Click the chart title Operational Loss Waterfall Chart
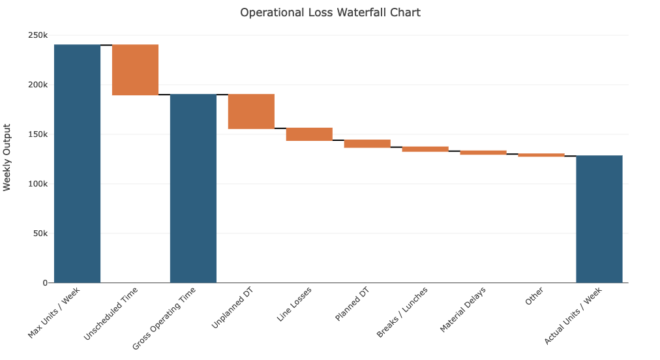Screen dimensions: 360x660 (x=330, y=12)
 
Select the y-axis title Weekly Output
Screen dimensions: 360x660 (x=7, y=157)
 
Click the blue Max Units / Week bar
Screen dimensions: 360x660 (x=77, y=164)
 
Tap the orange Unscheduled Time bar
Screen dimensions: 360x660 (x=135, y=70)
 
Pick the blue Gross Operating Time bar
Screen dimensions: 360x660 (x=193, y=188)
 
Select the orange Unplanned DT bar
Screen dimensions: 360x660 (x=251, y=112)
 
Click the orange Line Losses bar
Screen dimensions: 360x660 (x=309, y=134)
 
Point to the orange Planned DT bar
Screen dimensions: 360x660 (x=367, y=143)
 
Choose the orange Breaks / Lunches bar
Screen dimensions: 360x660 (x=425, y=149)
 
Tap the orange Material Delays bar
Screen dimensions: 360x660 (x=483, y=153)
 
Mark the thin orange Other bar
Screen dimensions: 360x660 (x=541, y=155)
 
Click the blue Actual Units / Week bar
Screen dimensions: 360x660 (x=599, y=219)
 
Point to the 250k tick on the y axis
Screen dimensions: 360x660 (x=37, y=35)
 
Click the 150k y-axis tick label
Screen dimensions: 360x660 (x=37, y=134)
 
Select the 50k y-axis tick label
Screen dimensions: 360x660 (x=39, y=233)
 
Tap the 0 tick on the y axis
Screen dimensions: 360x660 (x=45, y=283)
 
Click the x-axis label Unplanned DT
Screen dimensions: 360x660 (x=233, y=308)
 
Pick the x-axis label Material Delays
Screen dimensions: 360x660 (x=462, y=310)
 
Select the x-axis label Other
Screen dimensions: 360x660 (x=534, y=297)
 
